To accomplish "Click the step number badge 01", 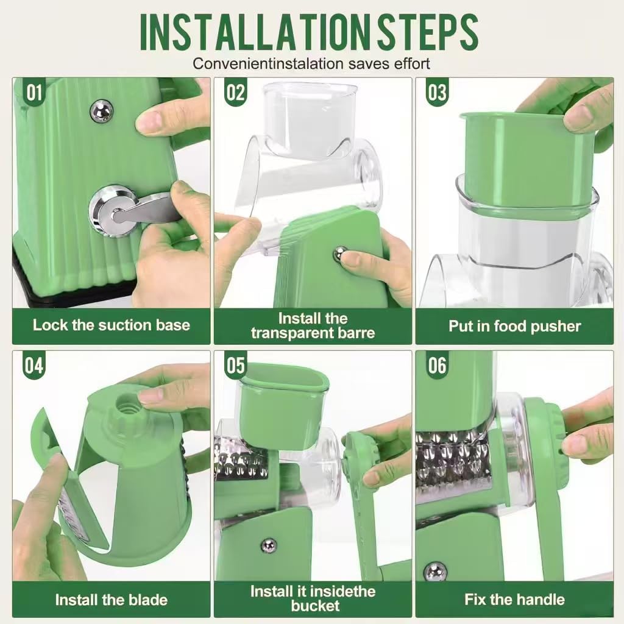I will point(34,93).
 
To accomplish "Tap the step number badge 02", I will point(235,93).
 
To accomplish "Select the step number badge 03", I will point(437,93).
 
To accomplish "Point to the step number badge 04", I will point(34,366).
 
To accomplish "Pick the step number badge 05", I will point(235,366).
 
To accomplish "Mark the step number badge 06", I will point(437,366).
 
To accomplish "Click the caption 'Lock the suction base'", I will point(112,325).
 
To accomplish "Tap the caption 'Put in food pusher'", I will point(514,326).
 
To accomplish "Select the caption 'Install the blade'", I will point(112,600).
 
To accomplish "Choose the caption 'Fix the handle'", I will point(514,600).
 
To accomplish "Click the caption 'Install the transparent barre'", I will point(313,325).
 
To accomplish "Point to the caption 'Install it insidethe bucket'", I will point(313,598).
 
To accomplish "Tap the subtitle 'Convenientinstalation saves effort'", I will point(311,63).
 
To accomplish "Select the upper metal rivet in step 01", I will point(101,110).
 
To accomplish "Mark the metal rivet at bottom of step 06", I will point(435,571).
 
